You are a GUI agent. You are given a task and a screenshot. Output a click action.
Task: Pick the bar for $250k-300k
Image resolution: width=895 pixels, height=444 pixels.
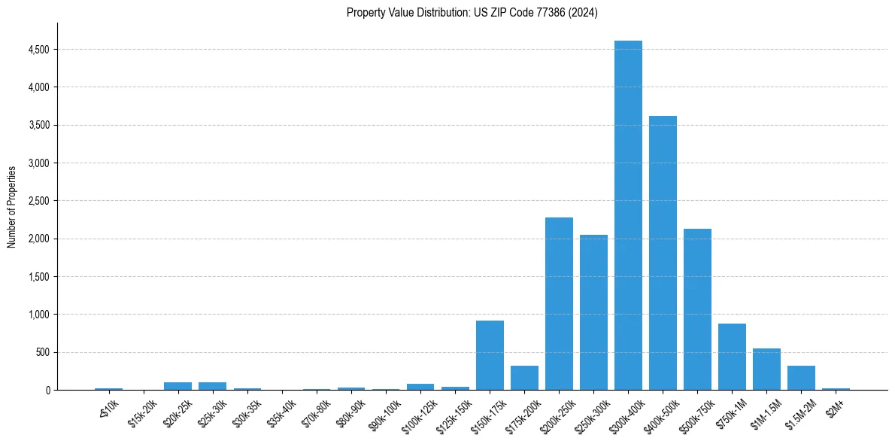[593, 312]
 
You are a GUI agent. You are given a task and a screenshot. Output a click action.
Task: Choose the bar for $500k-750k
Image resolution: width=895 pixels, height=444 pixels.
[697, 309]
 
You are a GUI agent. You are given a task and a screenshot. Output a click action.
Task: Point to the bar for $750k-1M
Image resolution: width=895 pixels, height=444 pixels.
[732, 357]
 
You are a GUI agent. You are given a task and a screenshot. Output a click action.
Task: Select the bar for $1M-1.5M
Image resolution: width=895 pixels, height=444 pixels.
[766, 369]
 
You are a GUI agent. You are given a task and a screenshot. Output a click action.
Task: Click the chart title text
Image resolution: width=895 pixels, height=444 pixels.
[472, 13]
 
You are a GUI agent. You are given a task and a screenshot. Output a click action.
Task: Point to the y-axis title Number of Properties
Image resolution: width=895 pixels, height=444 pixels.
[12, 206]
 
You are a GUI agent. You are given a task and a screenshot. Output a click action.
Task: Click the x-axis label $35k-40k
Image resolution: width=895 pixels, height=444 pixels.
[281, 413]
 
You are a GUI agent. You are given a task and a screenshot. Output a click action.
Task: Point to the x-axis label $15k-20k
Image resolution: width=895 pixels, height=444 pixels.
[143, 413]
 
